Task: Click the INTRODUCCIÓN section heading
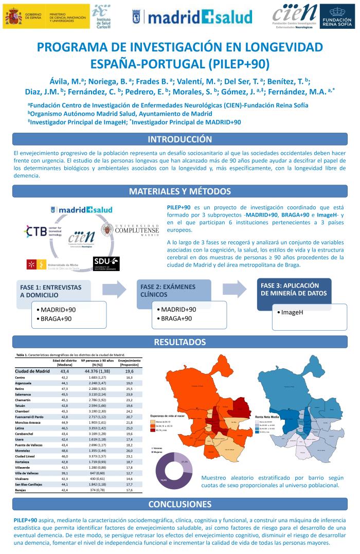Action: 180,139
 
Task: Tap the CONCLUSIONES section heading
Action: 180,504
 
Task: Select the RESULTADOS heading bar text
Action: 180,342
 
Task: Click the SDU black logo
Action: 106,263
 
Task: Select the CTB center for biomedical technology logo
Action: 43,231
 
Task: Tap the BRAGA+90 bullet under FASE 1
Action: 54,319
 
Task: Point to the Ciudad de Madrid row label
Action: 32,371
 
